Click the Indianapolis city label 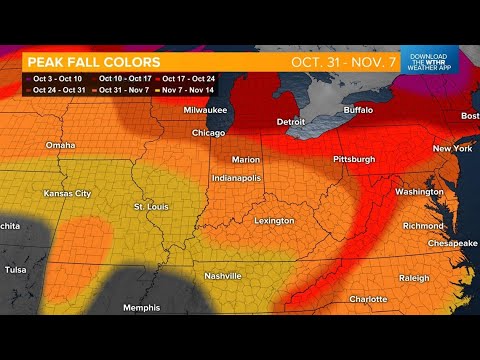(237, 177)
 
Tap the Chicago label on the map (208, 132)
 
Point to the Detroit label (292, 121)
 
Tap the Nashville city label (223, 275)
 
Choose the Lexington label (274, 220)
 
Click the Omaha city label (60, 145)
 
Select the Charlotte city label (369, 299)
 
